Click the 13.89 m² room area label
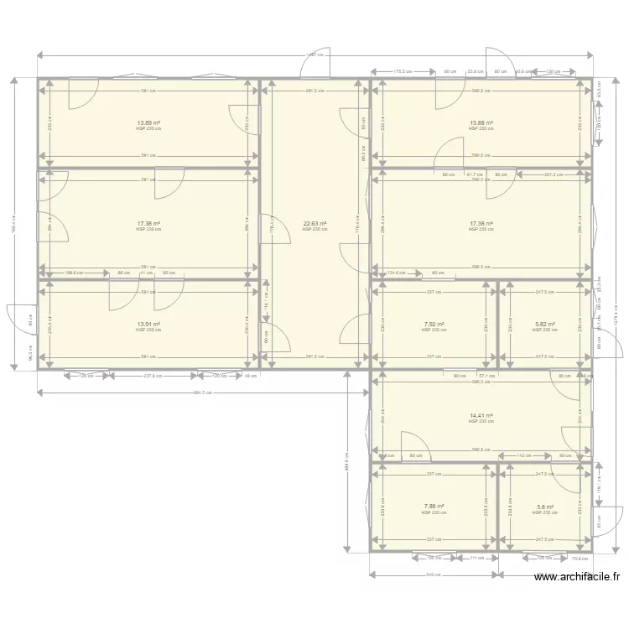148,122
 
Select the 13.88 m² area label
481,122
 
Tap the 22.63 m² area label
314,223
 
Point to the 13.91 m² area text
148,324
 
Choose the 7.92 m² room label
434,324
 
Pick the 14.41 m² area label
481,415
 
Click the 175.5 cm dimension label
403,71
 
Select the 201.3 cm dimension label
553,174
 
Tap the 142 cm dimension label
521,456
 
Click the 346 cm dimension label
434,575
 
